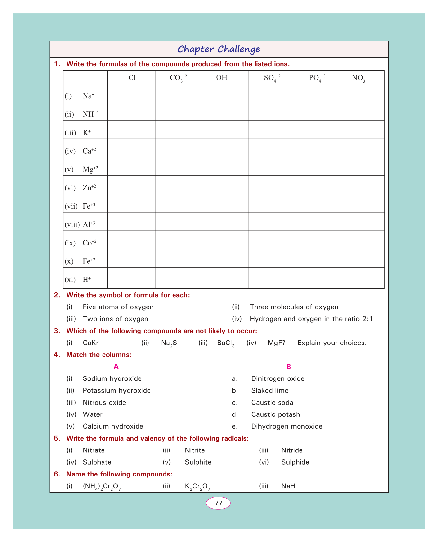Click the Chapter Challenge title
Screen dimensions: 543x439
click(219, 49)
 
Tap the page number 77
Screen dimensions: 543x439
click(218, 503)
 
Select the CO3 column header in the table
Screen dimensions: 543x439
click(178, 78)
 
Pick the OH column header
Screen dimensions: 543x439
click(223, 78)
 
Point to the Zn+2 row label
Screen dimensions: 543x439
click(89, 188)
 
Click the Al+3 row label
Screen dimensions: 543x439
click(89, 224)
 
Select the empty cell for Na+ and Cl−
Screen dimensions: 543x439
click(131, 94)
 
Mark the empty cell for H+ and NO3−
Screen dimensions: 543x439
click(363, 278)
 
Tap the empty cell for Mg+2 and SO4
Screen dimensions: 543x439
click(272, 166)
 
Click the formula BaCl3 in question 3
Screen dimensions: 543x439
click(226, 343)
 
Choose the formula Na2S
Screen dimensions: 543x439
click(169, 343)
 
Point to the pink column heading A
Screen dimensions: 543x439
click(116, 367)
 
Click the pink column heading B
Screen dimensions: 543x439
click(289, 367)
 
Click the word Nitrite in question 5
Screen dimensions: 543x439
click(195, 450)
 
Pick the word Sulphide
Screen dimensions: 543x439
click(295, 462)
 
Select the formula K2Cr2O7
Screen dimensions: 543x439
click(197, 486)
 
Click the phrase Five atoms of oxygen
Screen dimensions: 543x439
click(118, 307)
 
